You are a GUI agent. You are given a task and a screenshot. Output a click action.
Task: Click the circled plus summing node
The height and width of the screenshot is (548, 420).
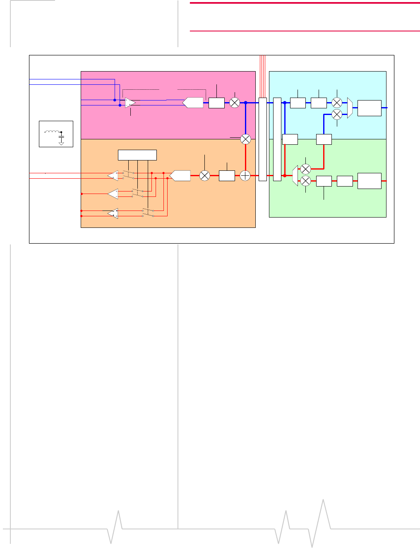[x=245, y=176]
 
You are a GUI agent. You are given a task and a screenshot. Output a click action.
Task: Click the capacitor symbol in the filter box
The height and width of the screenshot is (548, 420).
[x=61, y=136]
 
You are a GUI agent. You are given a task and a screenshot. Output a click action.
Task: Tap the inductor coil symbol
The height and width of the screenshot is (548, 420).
[x=51, y=132]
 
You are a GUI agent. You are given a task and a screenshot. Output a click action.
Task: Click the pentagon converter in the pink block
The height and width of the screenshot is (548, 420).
[x=193, y=103]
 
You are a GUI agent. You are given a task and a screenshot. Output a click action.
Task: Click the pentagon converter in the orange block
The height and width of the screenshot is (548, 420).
[x=180, y=176]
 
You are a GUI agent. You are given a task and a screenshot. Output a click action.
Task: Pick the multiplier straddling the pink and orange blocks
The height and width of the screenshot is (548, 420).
[x=246, y=139]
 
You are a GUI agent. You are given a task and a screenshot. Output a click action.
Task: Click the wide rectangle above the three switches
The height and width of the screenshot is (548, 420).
[x=137, y=155]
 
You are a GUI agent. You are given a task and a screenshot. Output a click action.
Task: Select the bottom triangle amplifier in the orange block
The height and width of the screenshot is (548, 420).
[x=113, y=213]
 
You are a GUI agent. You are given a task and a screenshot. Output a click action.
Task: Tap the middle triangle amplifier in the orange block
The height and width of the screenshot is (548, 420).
[x=113, y=194]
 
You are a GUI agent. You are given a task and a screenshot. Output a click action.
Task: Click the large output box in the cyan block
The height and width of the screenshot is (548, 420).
[x=369, y=108]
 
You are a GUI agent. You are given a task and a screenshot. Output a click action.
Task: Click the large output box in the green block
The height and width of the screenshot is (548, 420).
[x=369, y=181]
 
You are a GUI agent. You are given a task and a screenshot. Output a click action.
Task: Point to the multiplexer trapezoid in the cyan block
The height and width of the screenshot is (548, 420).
[x=350, y=108]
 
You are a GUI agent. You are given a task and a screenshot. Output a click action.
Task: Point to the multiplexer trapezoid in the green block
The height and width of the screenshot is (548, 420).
[x=295, y=176]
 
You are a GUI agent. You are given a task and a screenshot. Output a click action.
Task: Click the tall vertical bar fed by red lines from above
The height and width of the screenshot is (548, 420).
[x=262, y=139]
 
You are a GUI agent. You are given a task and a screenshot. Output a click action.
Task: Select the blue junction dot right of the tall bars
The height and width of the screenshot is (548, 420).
[x=285, y=103]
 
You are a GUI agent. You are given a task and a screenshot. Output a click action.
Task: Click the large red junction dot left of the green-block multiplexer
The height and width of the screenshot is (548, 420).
[x=285, y=176]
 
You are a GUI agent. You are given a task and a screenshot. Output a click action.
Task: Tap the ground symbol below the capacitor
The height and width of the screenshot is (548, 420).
[x=61, y=143]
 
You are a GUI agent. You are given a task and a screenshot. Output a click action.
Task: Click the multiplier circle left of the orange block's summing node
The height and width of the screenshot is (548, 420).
[x=205, y=176]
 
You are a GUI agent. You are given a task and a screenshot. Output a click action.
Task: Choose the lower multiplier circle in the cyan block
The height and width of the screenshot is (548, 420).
[x=337, y=114]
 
